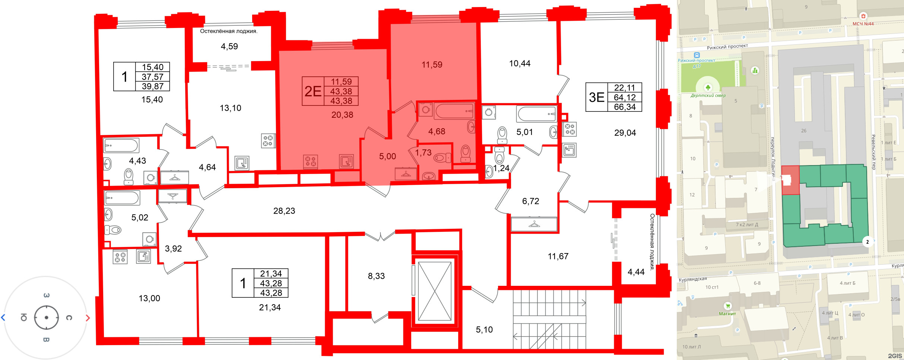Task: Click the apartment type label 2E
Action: coord(313,91)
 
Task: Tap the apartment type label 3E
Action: coord(596,97)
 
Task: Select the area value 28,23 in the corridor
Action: coord(284,211)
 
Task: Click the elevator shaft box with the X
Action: coord(435,291)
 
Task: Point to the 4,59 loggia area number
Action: coord(229,46)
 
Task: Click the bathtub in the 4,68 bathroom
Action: coord(454,111)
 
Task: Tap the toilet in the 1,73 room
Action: coord(441,158)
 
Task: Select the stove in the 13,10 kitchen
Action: coord(268,141)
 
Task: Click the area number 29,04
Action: coord(625,133)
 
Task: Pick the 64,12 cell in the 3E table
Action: coord(625,97)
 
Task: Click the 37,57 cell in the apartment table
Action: coord(152,77)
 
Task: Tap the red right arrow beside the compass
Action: coord(88,318)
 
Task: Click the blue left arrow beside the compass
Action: coord(3,318)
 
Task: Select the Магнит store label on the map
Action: coord(727,314)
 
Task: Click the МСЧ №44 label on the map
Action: coord(863,24)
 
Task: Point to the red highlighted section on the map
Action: coord(790,180)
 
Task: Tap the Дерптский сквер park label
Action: coord(708,95)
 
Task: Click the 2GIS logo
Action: coord(895,356)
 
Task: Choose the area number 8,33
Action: coord(376,276)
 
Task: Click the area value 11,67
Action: coord(558,256)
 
